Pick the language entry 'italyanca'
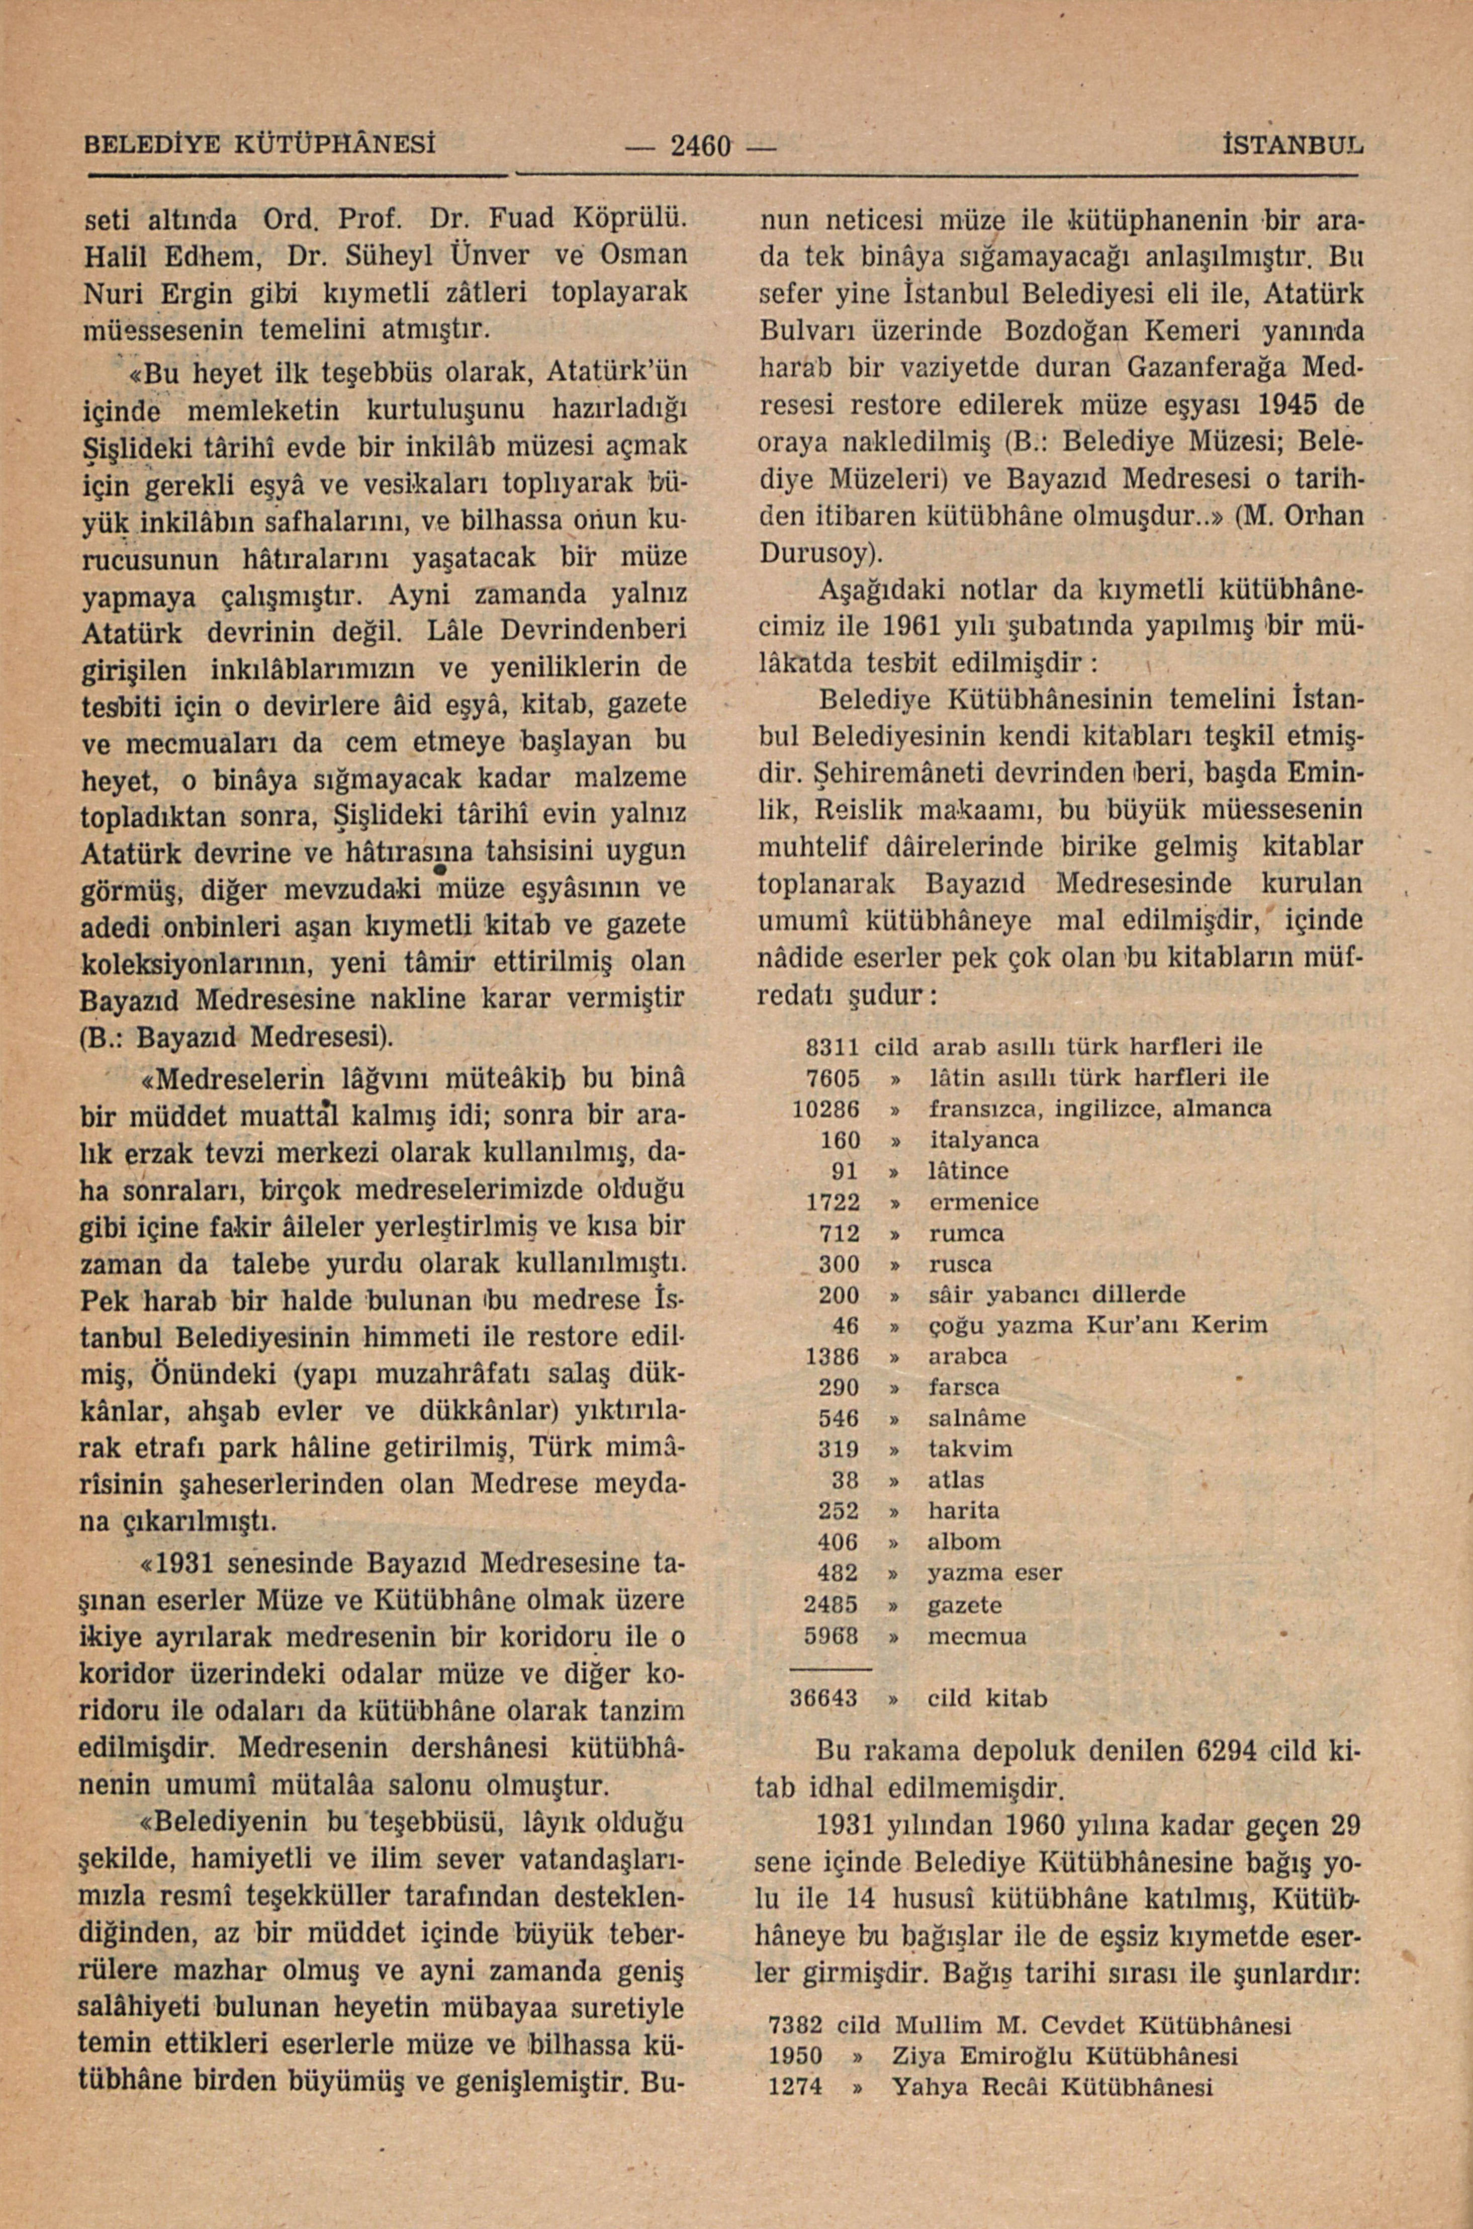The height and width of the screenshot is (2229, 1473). [983, 1140]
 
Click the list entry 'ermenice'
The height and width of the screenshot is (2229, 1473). [983, 1202]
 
